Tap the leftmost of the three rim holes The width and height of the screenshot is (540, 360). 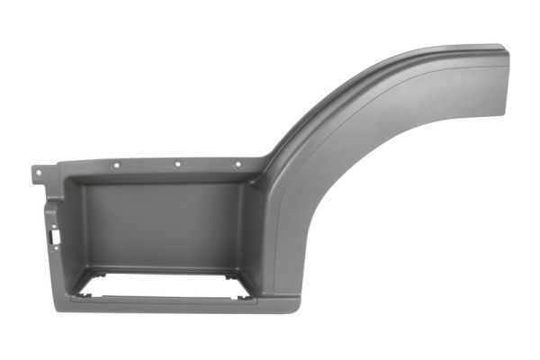click(x=117, y=165)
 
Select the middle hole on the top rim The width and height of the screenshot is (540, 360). click(x=177, y=164)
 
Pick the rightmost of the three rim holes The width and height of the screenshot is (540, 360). click(x=238, y=164)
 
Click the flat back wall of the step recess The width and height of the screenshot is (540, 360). click(x=162, y=225)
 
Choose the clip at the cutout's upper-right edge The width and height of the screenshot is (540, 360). click(x=236, y=269)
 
